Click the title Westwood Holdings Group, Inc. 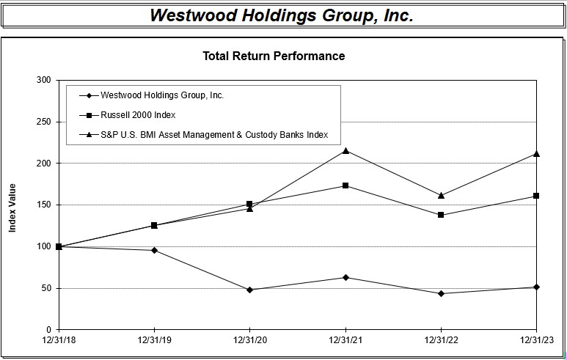pos(282,15)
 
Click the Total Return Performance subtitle pos(274,56)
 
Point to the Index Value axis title pos(12,208)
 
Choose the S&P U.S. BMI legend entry pos(213,135)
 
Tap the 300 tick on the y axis pos(43,80)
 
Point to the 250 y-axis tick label pos(43,122)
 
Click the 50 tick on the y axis pos(45,288)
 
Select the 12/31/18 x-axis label pos(59,342)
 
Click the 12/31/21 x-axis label pos(345,342)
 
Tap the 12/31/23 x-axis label pos(536,342)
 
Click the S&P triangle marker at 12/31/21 pos(345,151)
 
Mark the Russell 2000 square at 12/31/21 pos(345,185)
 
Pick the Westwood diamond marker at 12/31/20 pos(249,290)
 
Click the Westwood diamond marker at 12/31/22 pos(441,293)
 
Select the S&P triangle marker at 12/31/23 pos(536,154)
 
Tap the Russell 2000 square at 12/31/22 pos(441,215)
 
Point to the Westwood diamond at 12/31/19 pos(154,250)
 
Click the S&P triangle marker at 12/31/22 pos(441,195)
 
